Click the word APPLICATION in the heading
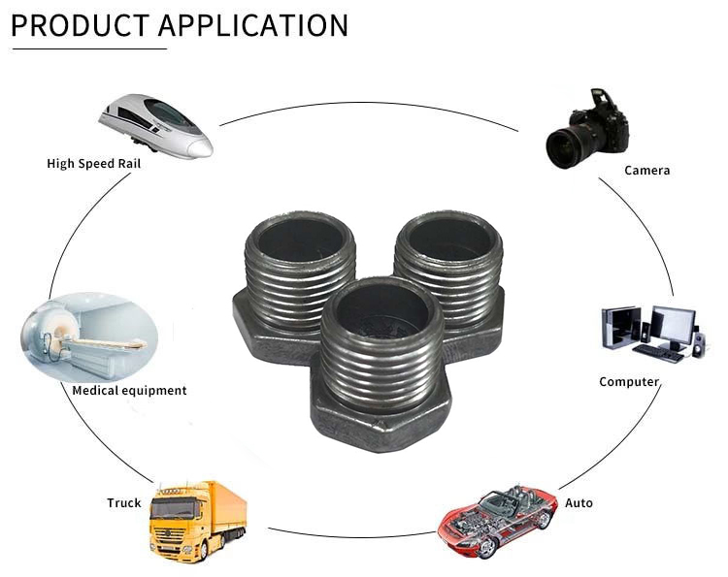[x=252, y=25]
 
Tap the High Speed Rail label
[x=93, y=164]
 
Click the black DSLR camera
[x=587, y=128]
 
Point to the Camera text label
[x=646, y=171]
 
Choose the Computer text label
[x=629, y=382]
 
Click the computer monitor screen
[x=673, y=323]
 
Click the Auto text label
[x=579, y=503]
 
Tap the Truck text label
[x=123, y=503]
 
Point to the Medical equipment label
[x=129, y=391]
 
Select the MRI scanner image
[x=87, y=336]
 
